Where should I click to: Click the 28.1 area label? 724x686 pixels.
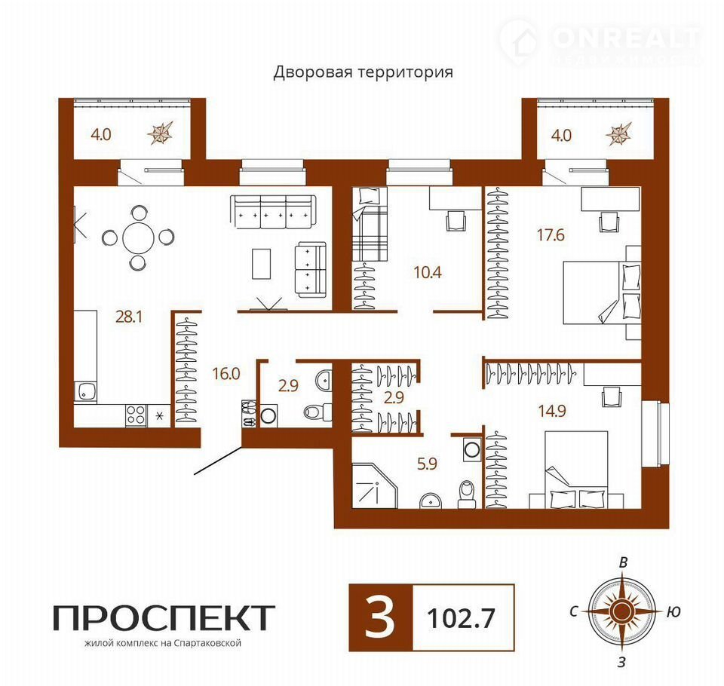coord(129,317)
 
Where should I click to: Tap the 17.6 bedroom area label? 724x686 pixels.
coord(551,235)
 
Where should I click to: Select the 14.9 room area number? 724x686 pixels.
coord(552,410)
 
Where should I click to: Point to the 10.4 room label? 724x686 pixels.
coord(428,272)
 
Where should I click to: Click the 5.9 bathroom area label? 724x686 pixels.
coord(427,463)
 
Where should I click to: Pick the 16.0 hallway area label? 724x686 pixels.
coord(226,373)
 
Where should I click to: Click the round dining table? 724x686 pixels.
coord(139,237)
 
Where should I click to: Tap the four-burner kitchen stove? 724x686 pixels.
coord(136,415)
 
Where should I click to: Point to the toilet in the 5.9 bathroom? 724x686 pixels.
coord(465,495)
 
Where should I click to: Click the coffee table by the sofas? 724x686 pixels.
coord(262,264)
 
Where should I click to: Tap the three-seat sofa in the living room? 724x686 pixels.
coord(273,212)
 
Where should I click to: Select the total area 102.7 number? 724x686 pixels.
coord(461,617)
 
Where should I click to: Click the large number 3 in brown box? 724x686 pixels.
coord(380,617)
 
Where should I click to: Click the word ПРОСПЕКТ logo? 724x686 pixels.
coord(164,618)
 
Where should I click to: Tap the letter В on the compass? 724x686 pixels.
coord(623,562)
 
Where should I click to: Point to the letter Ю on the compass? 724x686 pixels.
coord(673,612)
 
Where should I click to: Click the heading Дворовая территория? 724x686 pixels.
coord(363,72)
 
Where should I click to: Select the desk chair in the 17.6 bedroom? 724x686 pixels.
coord(609,222)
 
